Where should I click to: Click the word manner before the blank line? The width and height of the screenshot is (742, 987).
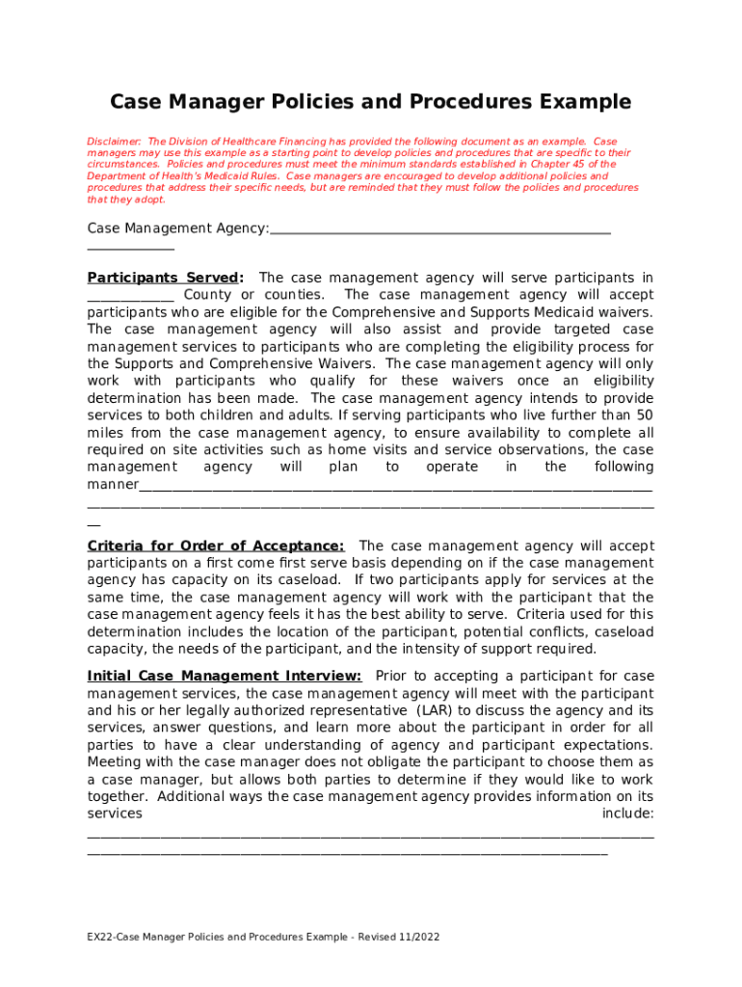112,485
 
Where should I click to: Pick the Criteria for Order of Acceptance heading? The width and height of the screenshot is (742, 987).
215,547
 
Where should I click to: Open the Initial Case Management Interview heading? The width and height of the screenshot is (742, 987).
225,677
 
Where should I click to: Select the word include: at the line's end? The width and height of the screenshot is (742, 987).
627,814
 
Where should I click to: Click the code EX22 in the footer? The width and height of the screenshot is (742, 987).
101,937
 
